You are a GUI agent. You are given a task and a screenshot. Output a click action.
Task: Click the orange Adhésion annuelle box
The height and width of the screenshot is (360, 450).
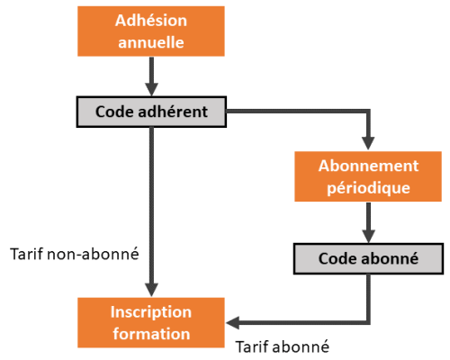tap(151, 31)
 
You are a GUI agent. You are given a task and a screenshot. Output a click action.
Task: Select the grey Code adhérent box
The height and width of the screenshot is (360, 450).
tap(151, 112)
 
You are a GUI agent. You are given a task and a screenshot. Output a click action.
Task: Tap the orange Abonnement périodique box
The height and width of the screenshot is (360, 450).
tap(368, 176)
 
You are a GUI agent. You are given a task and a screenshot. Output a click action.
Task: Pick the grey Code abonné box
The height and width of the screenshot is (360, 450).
tap(368, 258)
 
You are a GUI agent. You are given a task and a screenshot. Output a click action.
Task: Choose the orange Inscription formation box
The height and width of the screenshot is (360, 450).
tap(151, 322)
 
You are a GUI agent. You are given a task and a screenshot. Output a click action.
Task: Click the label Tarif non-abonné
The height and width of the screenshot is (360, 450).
tap(75, 254)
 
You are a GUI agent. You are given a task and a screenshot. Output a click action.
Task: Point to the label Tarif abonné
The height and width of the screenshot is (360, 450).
tap(282, 346)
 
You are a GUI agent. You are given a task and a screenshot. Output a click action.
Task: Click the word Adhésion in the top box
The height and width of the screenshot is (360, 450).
tap(151, 21)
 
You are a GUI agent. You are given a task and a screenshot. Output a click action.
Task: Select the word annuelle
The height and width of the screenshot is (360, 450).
tap(151, 42)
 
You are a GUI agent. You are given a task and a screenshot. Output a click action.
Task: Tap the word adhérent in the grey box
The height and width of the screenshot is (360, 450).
tap(173, 112)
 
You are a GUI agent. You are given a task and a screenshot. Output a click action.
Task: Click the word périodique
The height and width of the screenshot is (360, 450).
tap(368, 188)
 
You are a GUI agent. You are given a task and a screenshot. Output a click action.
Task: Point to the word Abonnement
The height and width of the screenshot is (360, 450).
tap(368, 166)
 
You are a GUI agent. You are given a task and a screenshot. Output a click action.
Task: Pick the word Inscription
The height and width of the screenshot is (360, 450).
tap(151, 311)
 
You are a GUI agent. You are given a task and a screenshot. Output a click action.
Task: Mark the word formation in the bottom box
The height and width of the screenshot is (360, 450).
tap(151, 334)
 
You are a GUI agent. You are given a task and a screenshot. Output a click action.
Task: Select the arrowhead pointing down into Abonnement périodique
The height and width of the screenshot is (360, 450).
tap(368, 143)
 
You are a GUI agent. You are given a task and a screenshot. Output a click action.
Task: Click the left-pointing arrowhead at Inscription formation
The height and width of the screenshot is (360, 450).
tap(232, 323)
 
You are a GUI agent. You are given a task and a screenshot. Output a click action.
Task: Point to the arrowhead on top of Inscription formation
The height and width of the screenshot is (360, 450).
tap(151, 290)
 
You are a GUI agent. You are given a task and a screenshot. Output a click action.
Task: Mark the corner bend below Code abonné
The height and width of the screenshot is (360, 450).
tap(368, 323)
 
